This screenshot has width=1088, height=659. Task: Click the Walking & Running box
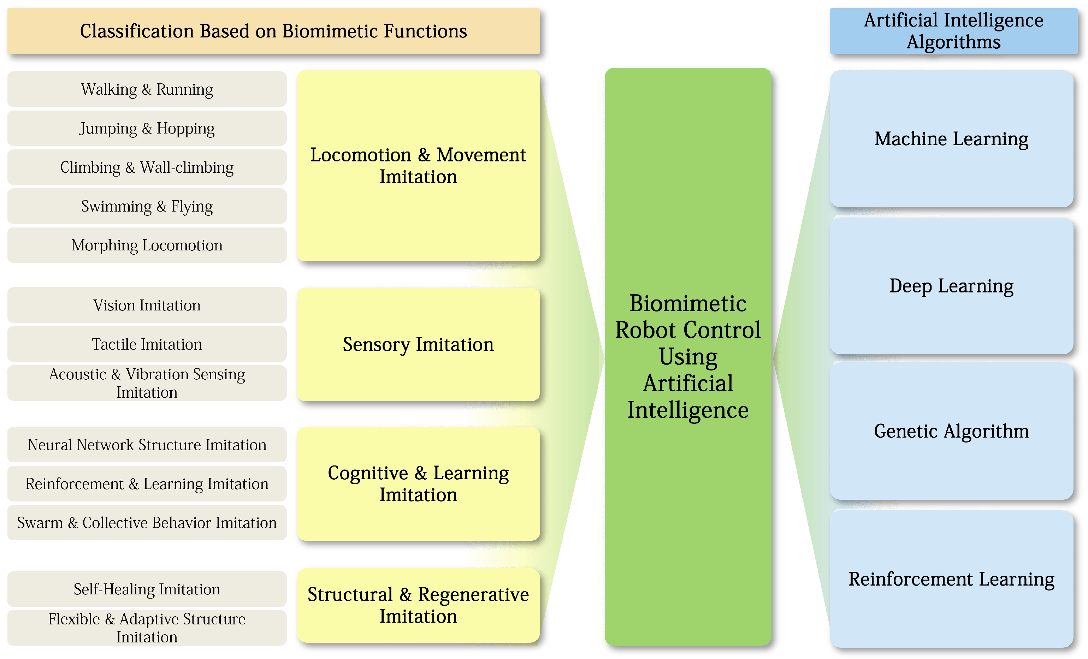pos(147,89)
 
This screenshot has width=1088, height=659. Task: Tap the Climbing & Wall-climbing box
pos(147,167)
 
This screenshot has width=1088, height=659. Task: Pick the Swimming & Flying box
pos(147,206)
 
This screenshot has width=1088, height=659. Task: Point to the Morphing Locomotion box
pos(147,245)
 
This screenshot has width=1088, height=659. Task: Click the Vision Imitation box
pos(147,305)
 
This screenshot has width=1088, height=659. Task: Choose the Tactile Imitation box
pos(147,344)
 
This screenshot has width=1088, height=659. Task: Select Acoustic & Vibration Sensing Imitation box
pos(147,383)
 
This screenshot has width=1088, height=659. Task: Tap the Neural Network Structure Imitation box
pos(147,445)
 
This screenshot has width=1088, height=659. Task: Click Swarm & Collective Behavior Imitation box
pos(147,523)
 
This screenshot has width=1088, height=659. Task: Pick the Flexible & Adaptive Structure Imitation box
pos(147,628)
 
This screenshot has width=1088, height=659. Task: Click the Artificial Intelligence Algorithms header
pos(953,31)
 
